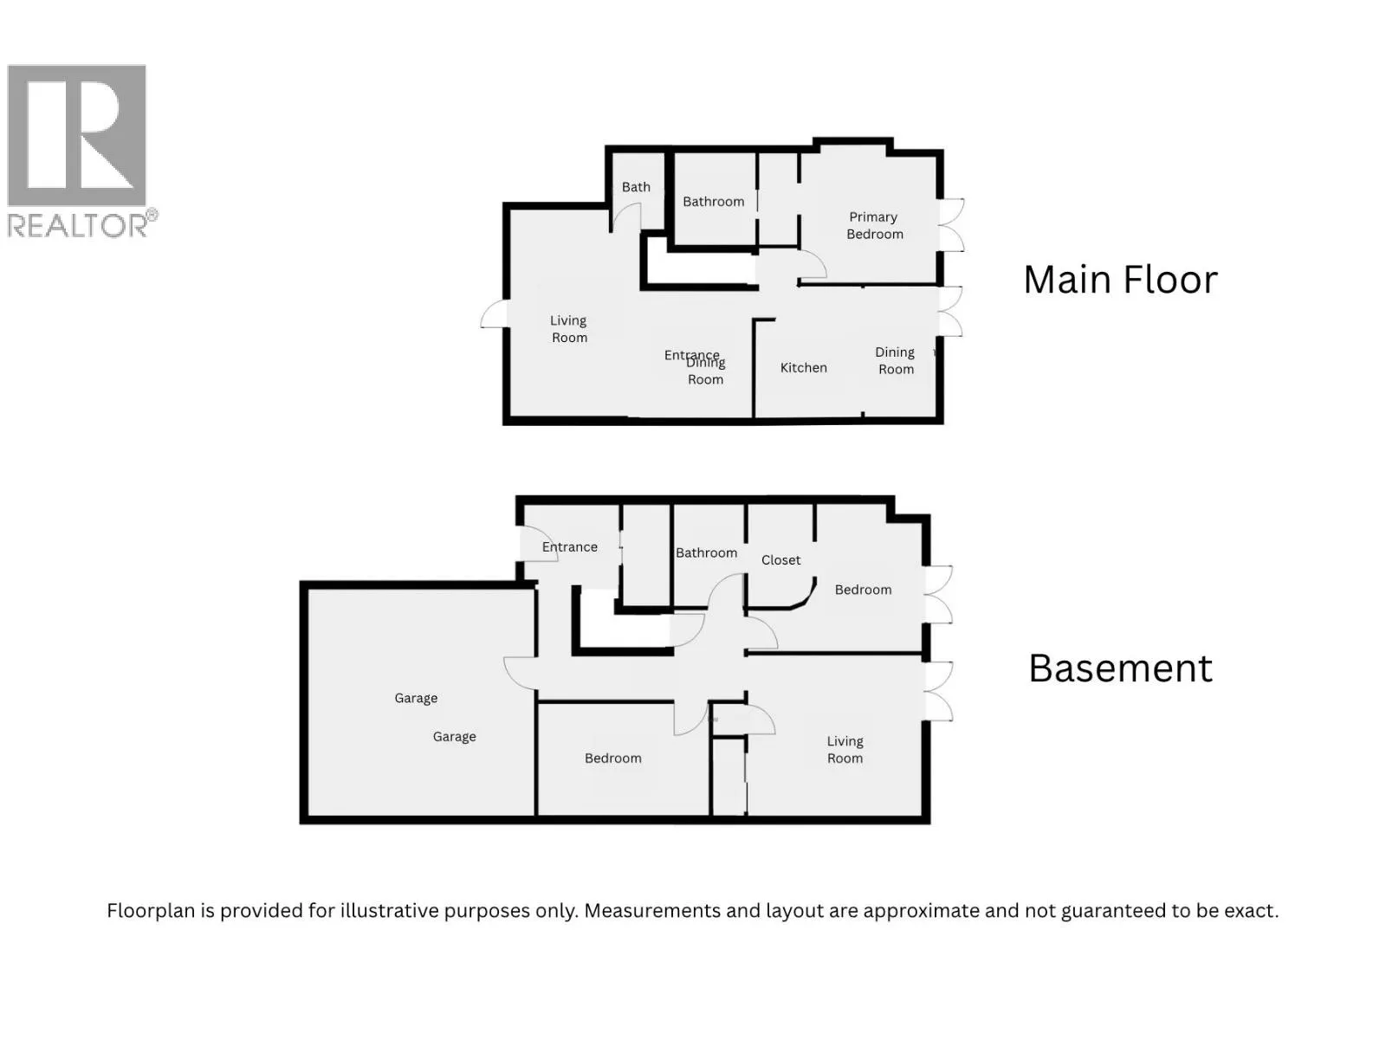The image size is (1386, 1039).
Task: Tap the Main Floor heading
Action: pos(1119,281)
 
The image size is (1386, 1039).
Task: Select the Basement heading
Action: pos(1119,668)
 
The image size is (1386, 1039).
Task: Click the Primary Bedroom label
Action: pos(874,225)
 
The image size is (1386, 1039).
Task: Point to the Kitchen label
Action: pos(803,368)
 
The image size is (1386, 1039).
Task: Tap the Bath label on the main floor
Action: pos(636,187)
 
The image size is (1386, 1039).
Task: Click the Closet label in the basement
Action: pos(780,560)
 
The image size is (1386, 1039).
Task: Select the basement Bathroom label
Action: pos(706,553)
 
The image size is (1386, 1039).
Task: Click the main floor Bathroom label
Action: pos(713,202)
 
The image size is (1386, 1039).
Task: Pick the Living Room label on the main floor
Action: pos(568,329)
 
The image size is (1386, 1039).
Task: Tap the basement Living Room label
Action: pos(845,750)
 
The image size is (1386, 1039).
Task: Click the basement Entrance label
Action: pos(569,547)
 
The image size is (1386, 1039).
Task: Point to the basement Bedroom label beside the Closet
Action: pos(863,590)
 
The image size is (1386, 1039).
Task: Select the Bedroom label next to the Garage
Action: pos(612,758)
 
